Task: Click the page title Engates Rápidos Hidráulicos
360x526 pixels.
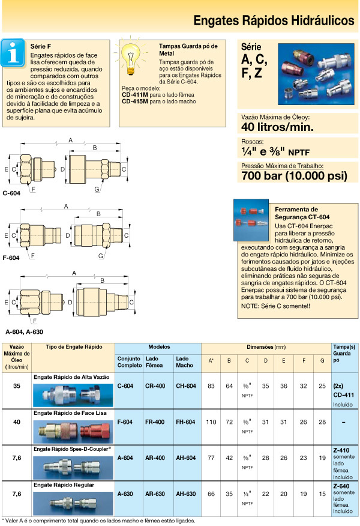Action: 274,20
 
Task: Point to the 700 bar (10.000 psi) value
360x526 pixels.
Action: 294,176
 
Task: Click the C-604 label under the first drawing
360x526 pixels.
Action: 12,194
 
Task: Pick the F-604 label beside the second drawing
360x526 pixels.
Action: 12,258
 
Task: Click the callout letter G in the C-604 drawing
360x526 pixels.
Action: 97,190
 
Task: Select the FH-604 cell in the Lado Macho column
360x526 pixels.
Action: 185,422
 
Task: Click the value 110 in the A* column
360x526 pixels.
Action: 211,422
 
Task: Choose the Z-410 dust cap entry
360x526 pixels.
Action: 340,449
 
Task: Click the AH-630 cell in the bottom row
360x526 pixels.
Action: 185,494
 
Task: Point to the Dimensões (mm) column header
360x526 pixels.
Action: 266,348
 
